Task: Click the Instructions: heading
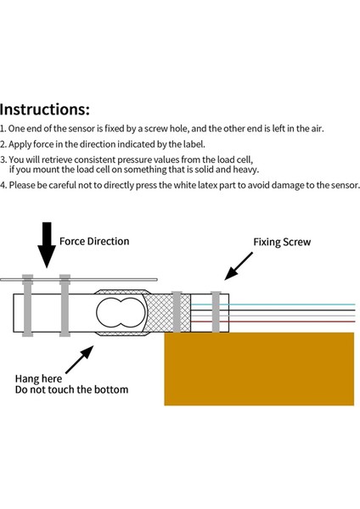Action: click(44, 109)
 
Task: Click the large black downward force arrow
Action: click(47, 245)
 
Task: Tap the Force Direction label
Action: click(94, 241)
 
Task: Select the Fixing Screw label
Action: click(282, 242)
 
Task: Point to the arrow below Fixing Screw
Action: click(239, 266)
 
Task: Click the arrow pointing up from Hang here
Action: click(80, 360)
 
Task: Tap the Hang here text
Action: click(38, 379)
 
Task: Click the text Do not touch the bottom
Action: click(71, 389)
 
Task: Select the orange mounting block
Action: click(259, 369)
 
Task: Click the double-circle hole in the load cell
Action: click(121, 312)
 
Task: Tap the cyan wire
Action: click(273, 305)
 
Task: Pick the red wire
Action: click(273, 322)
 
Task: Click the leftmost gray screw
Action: click(28, 305)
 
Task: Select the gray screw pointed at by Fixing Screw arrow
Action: click(216, 311)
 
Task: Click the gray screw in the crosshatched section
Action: click(177, 311)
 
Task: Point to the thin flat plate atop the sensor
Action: click(79, 279)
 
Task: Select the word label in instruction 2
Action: click(194, 144)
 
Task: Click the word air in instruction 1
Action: click(317, 129)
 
